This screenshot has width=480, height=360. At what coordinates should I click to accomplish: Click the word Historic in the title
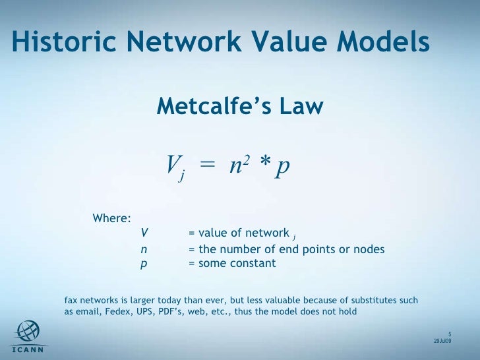59,43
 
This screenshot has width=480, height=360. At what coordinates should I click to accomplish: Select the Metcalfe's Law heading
240,105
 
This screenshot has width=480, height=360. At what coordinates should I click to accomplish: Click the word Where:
111,218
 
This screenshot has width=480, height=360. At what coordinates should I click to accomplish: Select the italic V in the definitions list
144,233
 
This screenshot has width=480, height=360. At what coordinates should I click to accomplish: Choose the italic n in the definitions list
144,249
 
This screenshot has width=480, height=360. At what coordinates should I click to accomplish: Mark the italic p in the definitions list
144,264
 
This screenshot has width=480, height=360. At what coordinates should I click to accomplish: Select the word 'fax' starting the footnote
71,301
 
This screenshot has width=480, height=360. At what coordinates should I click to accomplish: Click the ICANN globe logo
27,332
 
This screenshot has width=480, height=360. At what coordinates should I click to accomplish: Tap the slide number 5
448,333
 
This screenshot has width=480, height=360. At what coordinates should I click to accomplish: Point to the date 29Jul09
442,341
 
